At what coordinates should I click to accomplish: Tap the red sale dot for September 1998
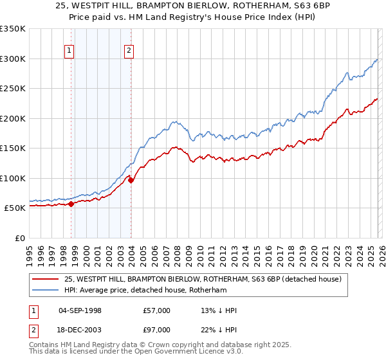(71, 204)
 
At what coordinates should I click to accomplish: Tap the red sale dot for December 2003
(131, 180)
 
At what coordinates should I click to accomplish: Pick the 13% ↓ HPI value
(219, 310)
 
